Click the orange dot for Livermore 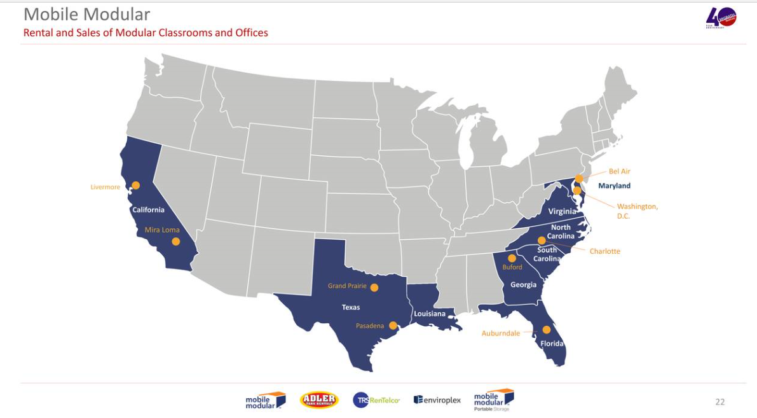coord(135,186)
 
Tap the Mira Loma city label coord(162,230)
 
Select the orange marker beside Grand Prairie coord(374,287)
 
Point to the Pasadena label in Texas coord(370,326)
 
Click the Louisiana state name coord(430,314)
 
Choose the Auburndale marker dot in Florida coord(546,330)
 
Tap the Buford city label coord(512,267)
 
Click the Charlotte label coord(604,251)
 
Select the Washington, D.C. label coord(638,211)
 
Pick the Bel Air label coord(619,171)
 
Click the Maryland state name coord(614,186)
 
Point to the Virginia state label coord(563,211)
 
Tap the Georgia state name coord(523,284)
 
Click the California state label coord(148,209)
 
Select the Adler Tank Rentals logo coord(318,400)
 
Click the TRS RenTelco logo coord(376,400)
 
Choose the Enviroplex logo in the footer coord(437,400)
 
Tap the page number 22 coord(719,401)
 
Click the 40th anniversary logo coord(721,18)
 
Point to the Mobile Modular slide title coord(87,14)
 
